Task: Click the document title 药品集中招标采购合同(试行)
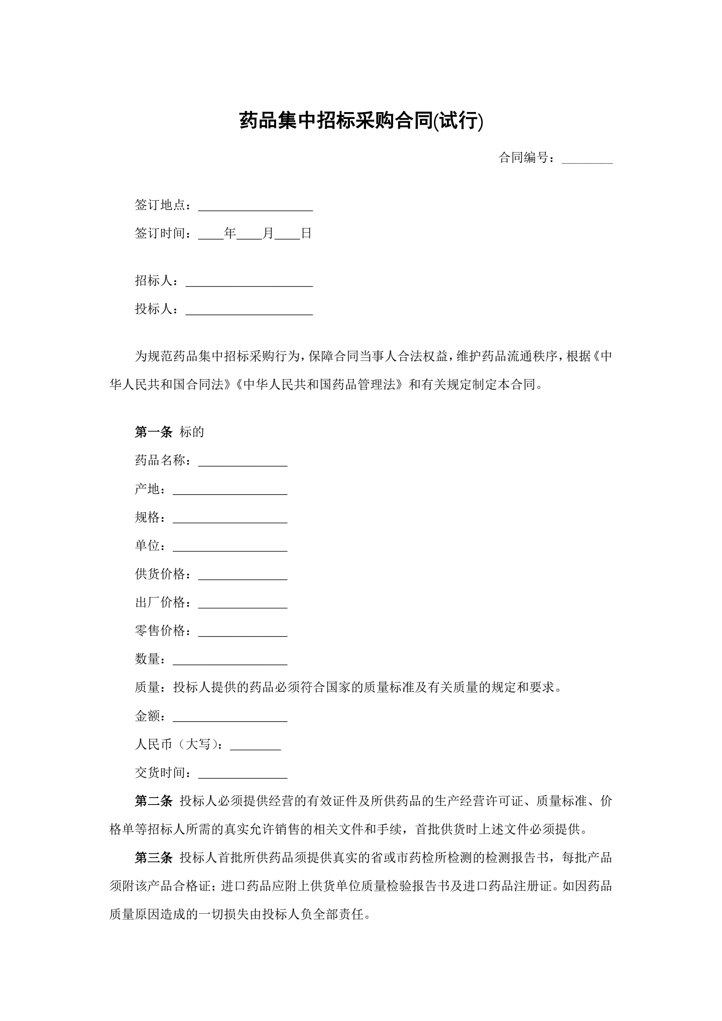point(360,121)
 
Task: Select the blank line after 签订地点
point(255,207)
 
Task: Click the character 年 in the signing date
point(230,233)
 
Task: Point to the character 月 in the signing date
point(268,233)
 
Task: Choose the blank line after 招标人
point(249,282)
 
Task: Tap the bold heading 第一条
point(153,432)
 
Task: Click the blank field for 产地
point(230,490)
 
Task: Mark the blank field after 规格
point(230,519)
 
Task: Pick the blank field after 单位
point(230,548)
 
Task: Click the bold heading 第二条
point(153,801)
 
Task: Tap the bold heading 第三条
point(153,858)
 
